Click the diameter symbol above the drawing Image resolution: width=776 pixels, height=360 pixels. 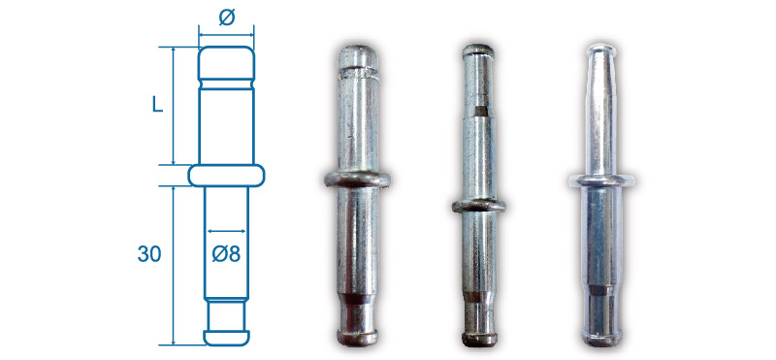(227, 17)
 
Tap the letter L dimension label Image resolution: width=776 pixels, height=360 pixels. (157, 105)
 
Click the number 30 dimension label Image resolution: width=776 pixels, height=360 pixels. (149, 254)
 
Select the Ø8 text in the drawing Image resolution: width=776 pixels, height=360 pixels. (227, 254)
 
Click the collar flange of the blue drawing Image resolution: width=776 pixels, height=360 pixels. (227, 176)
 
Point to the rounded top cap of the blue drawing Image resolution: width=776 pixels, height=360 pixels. (227, 63)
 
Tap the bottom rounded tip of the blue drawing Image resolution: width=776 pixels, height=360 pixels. (227, 338)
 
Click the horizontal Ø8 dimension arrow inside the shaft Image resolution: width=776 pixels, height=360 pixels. (227, 231)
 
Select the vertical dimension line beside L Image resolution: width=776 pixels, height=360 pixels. (174, 106)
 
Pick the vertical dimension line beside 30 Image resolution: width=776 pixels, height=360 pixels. (174, 266)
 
